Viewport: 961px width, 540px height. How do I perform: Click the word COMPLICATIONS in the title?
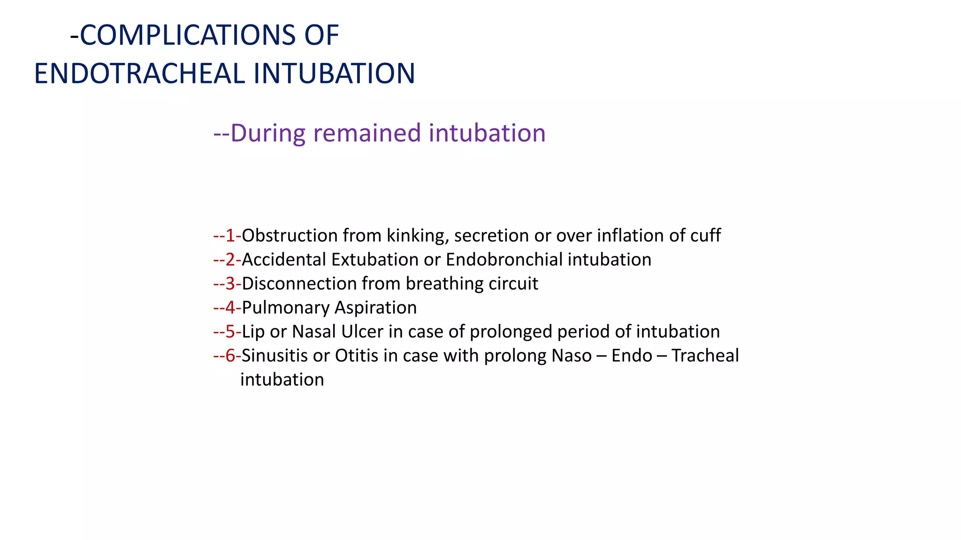pos(188,35)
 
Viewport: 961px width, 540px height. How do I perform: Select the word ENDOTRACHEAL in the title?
pos(139,74)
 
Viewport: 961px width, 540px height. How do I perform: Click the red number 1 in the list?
pos(230,235)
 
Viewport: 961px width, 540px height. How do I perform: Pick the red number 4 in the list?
pos(230,307)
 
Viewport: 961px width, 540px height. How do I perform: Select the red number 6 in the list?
pos(230,355)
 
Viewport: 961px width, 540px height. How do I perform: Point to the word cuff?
pos(705,235)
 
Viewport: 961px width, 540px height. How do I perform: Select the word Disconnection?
pos(299,284)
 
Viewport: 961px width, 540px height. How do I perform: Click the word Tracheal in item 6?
pos(705,355)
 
